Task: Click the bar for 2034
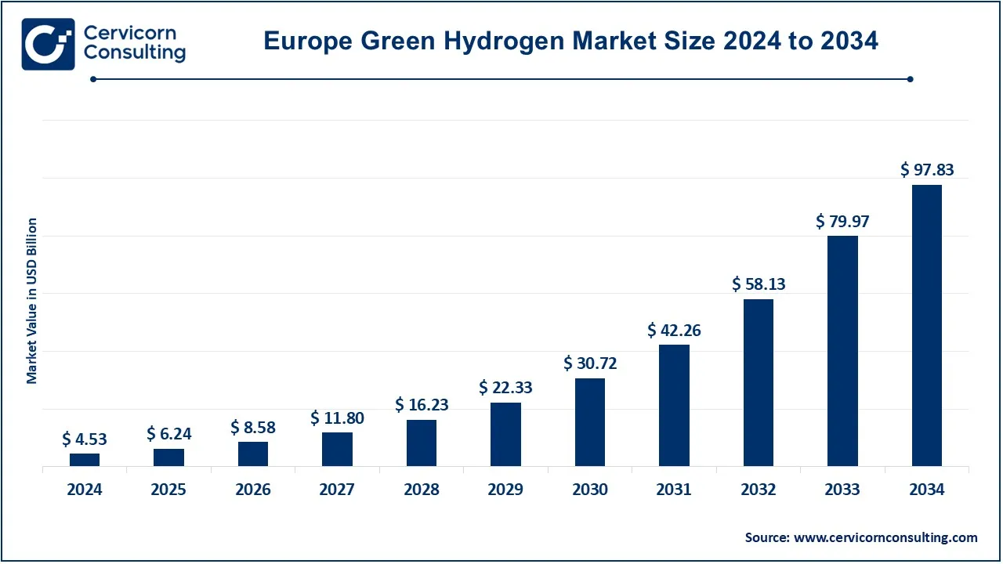(927, 326)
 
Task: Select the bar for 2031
(674, 406)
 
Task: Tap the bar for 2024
(85, 460)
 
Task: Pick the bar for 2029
(505, 435)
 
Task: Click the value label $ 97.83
(927, 170)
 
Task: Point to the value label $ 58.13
(759, 284)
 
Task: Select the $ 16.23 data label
(422, 405)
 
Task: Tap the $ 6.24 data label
(168, 434)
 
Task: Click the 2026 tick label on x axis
(253, 490)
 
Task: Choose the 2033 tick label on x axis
(842, 490)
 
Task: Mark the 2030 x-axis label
(590, 490)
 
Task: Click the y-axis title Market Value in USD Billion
(32, 301)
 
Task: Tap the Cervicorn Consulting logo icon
(49, 44)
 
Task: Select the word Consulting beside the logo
(135, 53)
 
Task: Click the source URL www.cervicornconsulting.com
(885, 537)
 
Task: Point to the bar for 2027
(337, 449)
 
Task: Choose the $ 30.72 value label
(590, 363)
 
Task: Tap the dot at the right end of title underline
(910, 78)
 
